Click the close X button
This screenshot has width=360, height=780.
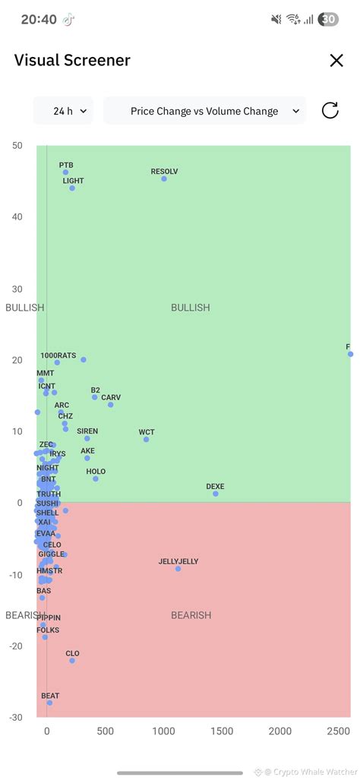[x=336, y=61]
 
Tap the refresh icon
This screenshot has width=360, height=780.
[x=330, y=111]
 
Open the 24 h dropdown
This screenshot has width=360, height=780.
[x=63, y=111]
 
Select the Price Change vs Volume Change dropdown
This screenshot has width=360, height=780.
[x=204, y=111]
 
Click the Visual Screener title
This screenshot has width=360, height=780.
[x=72, y=61]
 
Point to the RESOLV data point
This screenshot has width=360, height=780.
[x=164, y=178]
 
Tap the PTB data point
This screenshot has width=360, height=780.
[x=66, y=172]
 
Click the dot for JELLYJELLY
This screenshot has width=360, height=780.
[x=178, y=569]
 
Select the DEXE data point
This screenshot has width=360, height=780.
[x=216, y=494]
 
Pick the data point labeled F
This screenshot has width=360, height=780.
[x=350, y=354]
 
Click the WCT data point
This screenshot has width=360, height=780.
[x=147, y=440]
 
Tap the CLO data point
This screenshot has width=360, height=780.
[x=72, y=661]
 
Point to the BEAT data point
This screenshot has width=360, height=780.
[x=50, y=703]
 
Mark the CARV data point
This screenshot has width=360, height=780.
[x=111, y=405]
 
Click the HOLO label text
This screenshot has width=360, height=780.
[x=96, y=472]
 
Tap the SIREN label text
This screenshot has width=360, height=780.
[x=87, y=431]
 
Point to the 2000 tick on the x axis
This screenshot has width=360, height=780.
[x=280, y=731]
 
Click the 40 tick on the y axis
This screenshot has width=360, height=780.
[x=17, y=217]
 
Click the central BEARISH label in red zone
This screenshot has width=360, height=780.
[x=191, y=615]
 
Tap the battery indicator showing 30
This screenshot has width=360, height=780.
[x=328, y=20]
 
